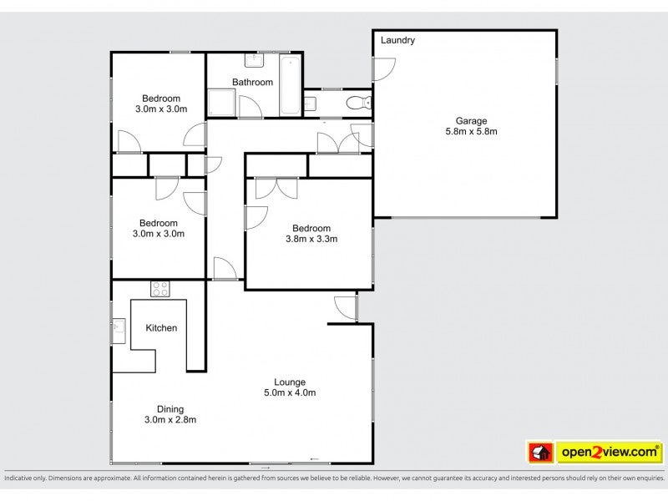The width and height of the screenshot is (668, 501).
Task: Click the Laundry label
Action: point(397,40)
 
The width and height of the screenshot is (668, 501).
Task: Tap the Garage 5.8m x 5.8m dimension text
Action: point(471,131)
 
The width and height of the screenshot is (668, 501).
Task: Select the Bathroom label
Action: point(253,82)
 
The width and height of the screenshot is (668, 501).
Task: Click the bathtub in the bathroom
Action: point(290,85)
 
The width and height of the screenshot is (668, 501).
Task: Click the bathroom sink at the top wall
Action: point(255,60)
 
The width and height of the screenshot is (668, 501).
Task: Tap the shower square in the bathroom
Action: point(221,103)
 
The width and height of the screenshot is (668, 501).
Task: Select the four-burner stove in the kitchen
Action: point(160,289)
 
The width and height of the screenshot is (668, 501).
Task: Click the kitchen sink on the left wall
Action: point(119,331)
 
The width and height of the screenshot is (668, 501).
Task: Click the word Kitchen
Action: point(161,328)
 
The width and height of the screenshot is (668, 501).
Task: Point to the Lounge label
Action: point(290,382)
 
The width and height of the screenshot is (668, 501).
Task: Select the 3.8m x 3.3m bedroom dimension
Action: point(311,239)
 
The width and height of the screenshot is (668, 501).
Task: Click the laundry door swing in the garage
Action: point(384,69)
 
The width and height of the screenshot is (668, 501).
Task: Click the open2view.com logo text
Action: point(610,452)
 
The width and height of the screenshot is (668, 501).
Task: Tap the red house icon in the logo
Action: point(540,452)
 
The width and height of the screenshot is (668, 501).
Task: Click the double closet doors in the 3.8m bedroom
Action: point(276,189)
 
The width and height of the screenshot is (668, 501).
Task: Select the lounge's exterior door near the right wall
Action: point(346,307)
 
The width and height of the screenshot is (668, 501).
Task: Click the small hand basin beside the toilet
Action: point(311,104)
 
